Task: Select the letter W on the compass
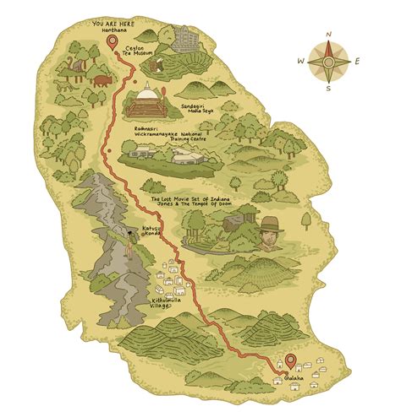coord(300,61)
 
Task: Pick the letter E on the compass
coord(357,61)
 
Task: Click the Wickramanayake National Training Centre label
coord(186,133)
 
